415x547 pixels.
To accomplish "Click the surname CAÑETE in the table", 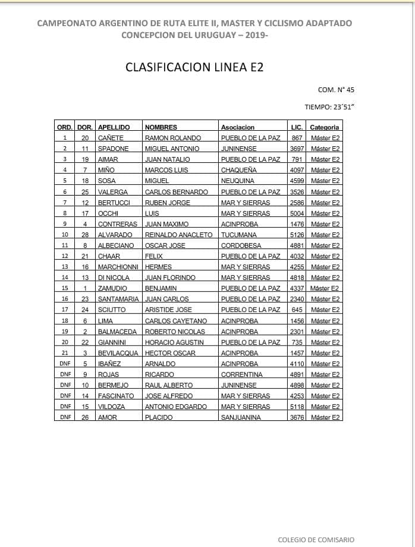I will (111, 138).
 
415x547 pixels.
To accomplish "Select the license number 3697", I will (297, 149).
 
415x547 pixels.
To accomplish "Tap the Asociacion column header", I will (238, 127).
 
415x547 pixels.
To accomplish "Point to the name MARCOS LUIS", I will (164, 170).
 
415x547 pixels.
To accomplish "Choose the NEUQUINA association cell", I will (237, 181).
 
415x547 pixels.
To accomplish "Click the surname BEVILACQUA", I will (118, 353).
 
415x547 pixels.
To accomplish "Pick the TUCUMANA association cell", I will (238, 235).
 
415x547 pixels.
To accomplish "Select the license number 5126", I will (297, 235).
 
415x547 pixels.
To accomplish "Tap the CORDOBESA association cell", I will (240, 246).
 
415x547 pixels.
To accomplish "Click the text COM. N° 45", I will (336, 90).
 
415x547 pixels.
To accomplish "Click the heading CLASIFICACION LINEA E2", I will (194, 67).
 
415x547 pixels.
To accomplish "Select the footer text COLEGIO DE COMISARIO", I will (316, 540).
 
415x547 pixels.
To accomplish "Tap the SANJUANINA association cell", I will (241, 417).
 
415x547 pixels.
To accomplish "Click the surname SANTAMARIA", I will (120, 299).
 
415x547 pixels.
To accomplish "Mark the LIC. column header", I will (297, 127).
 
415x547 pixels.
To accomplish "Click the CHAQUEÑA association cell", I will (240, 170).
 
